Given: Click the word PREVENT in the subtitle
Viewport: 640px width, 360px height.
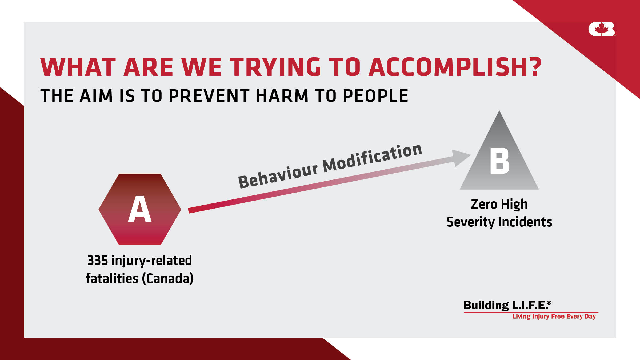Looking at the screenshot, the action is click(x=209, y=96).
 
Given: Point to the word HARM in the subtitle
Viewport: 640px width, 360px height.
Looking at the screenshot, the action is click(x=282, y=96).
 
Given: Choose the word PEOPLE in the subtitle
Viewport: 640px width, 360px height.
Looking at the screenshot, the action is click(x=375, y=96).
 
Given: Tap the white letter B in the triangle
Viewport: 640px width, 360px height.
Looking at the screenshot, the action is click(x=499, y=161).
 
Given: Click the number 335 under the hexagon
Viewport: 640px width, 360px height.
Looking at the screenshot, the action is click(x=98, y=261).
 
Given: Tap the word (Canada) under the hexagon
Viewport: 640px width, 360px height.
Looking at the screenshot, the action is click(x=168, y=279).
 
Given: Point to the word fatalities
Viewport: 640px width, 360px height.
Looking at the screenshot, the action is click(x=112, y=278).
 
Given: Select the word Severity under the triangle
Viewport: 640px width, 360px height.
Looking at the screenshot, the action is click(x=470, y=222).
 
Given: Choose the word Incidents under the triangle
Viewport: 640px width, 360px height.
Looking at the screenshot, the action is click(x=525, y=222).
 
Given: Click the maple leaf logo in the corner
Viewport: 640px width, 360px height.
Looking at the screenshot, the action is click(x=602, y=29).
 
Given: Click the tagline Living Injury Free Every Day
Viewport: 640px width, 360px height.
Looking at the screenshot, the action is click(x=554, y=317).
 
